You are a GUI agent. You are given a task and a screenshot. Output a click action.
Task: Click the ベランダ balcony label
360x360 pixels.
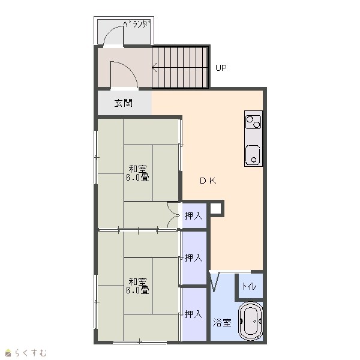click(x=137, y=24)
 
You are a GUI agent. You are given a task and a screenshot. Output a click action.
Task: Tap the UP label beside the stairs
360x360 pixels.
click(x=221, y=68)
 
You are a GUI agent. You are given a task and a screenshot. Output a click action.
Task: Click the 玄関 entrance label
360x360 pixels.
click(x=124, y=103)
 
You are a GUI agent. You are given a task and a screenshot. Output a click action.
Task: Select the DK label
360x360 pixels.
click(x=208, y=181)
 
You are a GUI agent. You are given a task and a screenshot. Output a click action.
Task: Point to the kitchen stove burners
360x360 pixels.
click(x=253, y=122)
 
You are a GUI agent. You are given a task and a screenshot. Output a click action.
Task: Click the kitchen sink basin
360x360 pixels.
click(x=253, y=155)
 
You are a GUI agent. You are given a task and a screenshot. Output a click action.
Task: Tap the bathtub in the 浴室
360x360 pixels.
click(x=250, y=321)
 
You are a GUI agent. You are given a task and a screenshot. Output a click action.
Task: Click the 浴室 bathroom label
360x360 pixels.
click(x=222, y=322)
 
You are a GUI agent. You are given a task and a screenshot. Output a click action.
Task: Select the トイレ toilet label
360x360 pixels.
click(x=249, y=286)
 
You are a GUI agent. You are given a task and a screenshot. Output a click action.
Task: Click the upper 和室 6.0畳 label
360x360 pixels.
click(x=138, y=173)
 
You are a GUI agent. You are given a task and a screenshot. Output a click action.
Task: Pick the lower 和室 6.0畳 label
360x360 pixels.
click(x=138, y=286)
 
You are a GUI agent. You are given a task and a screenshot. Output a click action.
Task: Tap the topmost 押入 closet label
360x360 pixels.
click(x=193, y=215)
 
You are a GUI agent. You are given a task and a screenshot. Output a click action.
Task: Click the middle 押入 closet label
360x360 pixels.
click(x=193, y=257)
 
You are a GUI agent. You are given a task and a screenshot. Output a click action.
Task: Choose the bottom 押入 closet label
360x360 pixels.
click(x=193, y=314)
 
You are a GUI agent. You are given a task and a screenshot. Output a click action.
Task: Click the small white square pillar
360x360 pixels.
click(x=215, y=208)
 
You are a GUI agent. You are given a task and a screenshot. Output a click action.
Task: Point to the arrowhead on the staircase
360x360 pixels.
click(x=154, y=67)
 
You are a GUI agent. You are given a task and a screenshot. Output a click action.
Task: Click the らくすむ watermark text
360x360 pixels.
click(x=31, y=353)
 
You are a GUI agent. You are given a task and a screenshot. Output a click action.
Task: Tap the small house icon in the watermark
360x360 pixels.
click(x=8, y=353)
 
